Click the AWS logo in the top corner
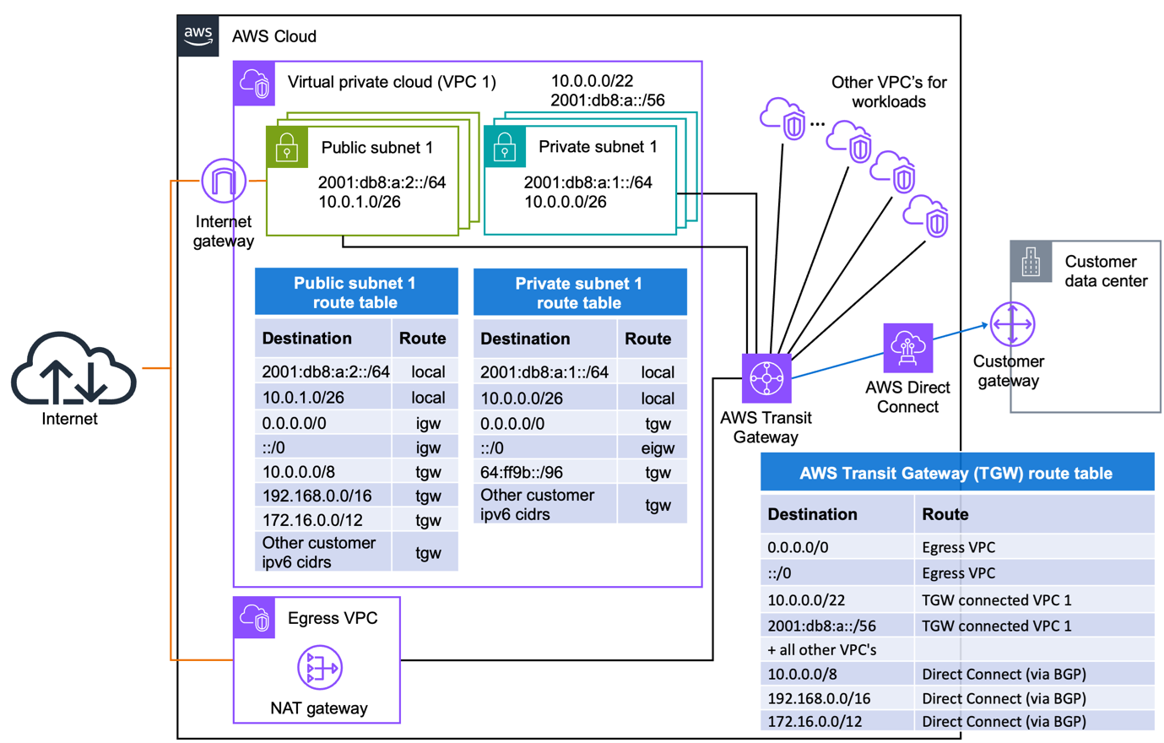198,36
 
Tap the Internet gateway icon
224,181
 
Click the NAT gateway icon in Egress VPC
319,668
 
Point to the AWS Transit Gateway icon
766,378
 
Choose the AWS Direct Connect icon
907,348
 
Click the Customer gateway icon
1012,324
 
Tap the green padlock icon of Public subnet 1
287,147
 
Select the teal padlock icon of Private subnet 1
505,147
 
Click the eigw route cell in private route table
657,447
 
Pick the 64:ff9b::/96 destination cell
522,472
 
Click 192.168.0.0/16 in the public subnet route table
317,496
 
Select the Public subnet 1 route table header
355,292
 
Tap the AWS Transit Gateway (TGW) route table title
956,473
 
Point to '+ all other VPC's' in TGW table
821,649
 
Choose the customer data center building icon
1031,262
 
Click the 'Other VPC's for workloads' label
888,92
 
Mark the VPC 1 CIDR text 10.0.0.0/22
592,81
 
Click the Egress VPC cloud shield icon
254,618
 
